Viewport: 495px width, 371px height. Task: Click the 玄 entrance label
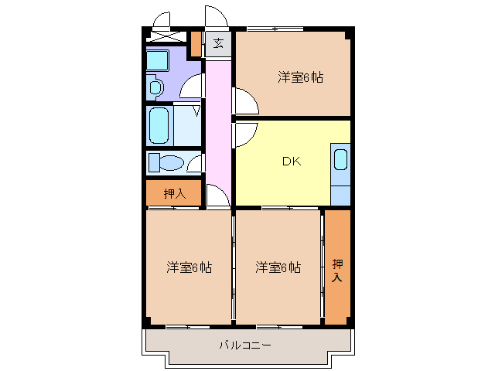pos(218,43)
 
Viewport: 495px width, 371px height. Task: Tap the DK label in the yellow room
pos(291,162)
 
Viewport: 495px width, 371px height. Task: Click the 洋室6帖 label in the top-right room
pos(301,77)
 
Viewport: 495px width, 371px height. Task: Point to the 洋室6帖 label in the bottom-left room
pos(189,267)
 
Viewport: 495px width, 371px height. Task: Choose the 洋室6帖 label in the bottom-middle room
pos(278,267)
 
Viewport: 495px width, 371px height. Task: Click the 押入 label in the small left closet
pos(175,193)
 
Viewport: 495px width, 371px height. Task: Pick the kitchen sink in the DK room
pos(340,159)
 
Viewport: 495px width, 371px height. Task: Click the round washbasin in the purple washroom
pos(155,88)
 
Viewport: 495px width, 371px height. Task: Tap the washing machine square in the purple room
pos(159,60)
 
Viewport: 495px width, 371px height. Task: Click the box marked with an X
pos(164,36)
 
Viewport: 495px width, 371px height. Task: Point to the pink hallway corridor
pos(218,124)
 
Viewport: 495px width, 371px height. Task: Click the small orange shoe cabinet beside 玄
pos(196,43)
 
